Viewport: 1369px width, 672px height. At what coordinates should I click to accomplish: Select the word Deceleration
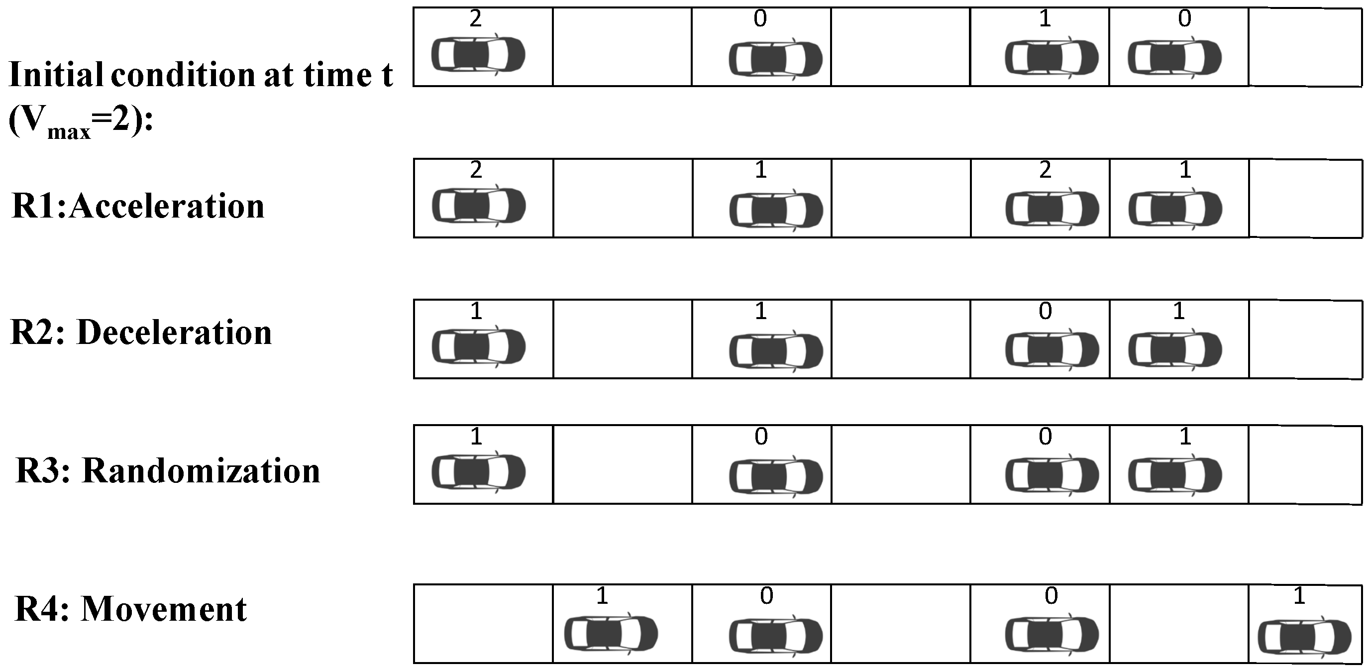174,333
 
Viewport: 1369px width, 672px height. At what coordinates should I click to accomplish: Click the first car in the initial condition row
478,54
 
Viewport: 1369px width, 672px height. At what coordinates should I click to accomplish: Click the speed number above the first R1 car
476,170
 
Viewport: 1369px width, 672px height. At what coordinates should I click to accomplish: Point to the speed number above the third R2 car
1046,312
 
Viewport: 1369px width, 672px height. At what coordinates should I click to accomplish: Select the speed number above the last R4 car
1299,596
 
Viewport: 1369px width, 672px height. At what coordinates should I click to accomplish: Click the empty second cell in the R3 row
623,464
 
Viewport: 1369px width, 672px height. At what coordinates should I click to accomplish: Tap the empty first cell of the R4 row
483,624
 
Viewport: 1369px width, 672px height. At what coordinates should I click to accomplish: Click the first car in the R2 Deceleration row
478,346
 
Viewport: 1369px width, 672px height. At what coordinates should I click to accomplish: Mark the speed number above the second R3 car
761,437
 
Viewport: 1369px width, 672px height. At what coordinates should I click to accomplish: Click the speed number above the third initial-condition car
1046,19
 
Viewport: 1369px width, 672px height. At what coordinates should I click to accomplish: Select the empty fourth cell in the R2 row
901,339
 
